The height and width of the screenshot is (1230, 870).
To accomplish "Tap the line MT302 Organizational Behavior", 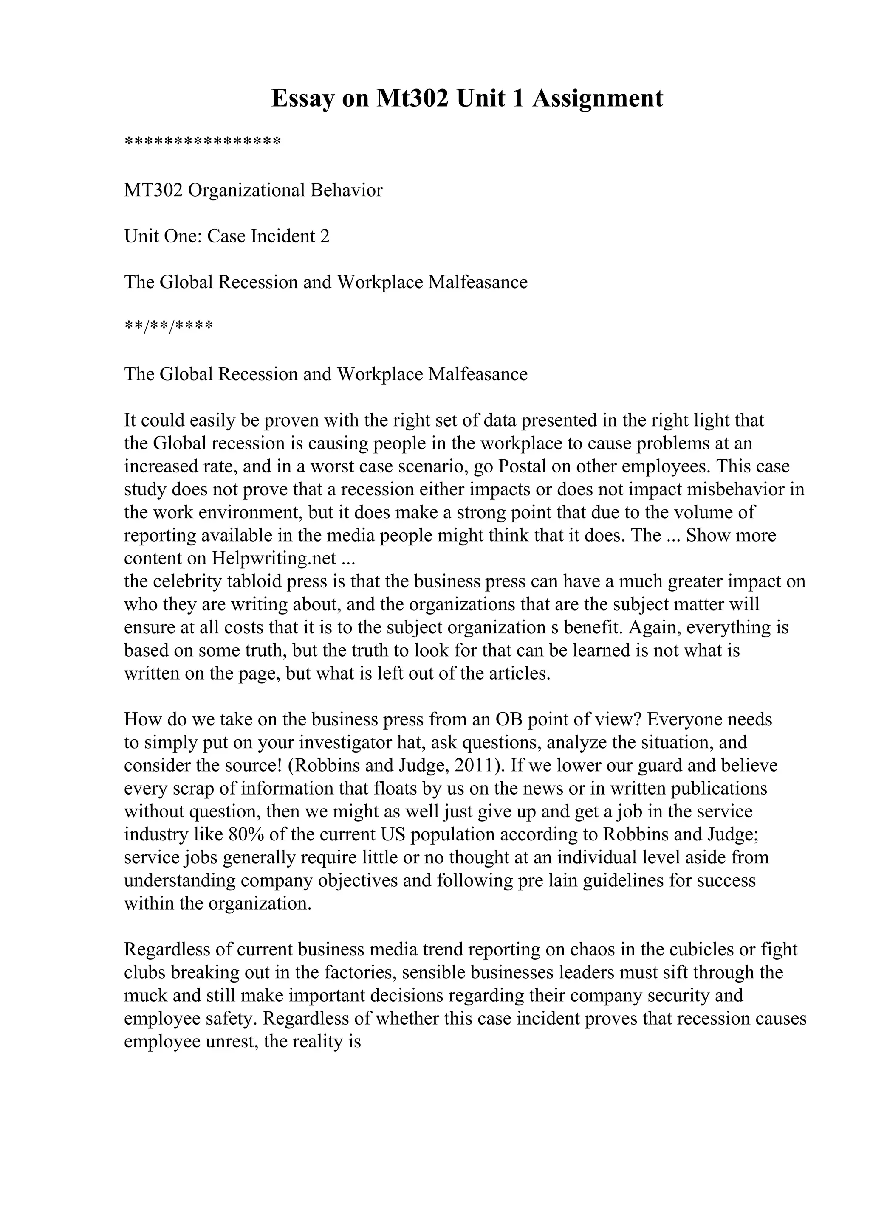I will click(x=253, y=190).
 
